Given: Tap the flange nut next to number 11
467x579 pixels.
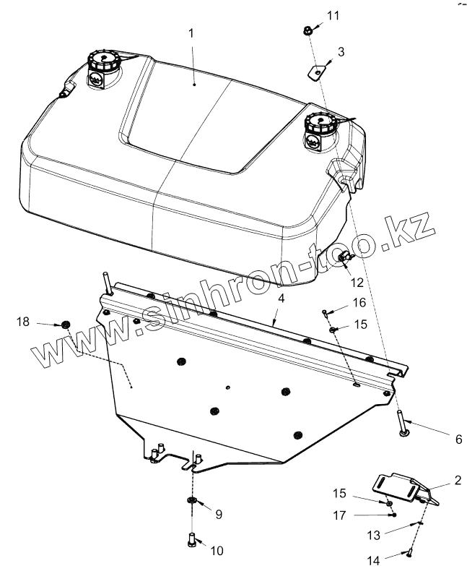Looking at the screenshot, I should (307, 30).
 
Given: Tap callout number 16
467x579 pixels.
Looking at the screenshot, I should (359, 302).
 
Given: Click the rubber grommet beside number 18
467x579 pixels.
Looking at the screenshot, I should (66, 323).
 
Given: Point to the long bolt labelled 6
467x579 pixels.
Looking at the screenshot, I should (401, 424).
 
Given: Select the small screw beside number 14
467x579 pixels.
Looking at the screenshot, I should (409, 553).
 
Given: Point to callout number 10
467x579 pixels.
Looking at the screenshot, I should (217, 551).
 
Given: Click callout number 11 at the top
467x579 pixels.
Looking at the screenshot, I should (332, 15).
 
